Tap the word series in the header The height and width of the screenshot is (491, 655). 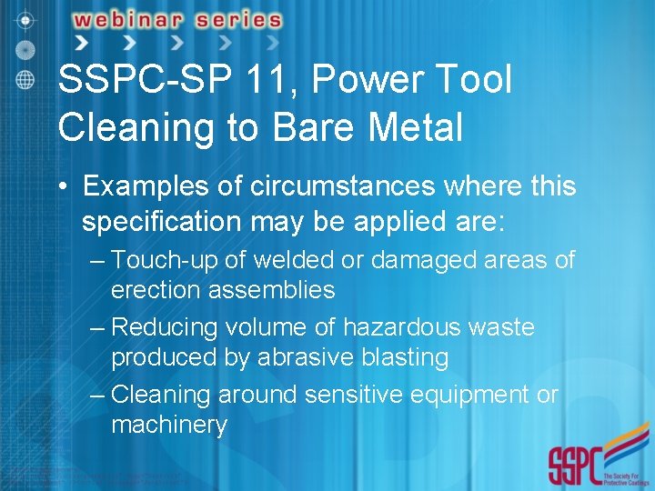tap(237, 19)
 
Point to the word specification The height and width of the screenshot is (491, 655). tap(159, 222)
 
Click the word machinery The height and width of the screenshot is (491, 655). tap(169, 425)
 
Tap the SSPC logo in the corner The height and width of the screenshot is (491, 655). tap(592, 464)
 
